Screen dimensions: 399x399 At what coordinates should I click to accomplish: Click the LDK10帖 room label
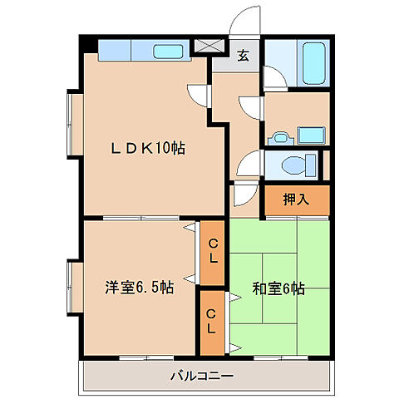click(149, 149)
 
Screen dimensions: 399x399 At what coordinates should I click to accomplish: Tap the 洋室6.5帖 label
click(138, 288)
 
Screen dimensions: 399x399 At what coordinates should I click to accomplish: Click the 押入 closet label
click(297, 199)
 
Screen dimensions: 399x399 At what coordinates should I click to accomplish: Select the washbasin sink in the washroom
click(281, 135)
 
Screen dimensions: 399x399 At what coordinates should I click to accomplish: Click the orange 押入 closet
click(297, 199)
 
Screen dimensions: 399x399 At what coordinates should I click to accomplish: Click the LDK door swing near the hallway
click(197, 96)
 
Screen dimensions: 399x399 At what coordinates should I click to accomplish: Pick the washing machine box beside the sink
click(311, 134)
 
